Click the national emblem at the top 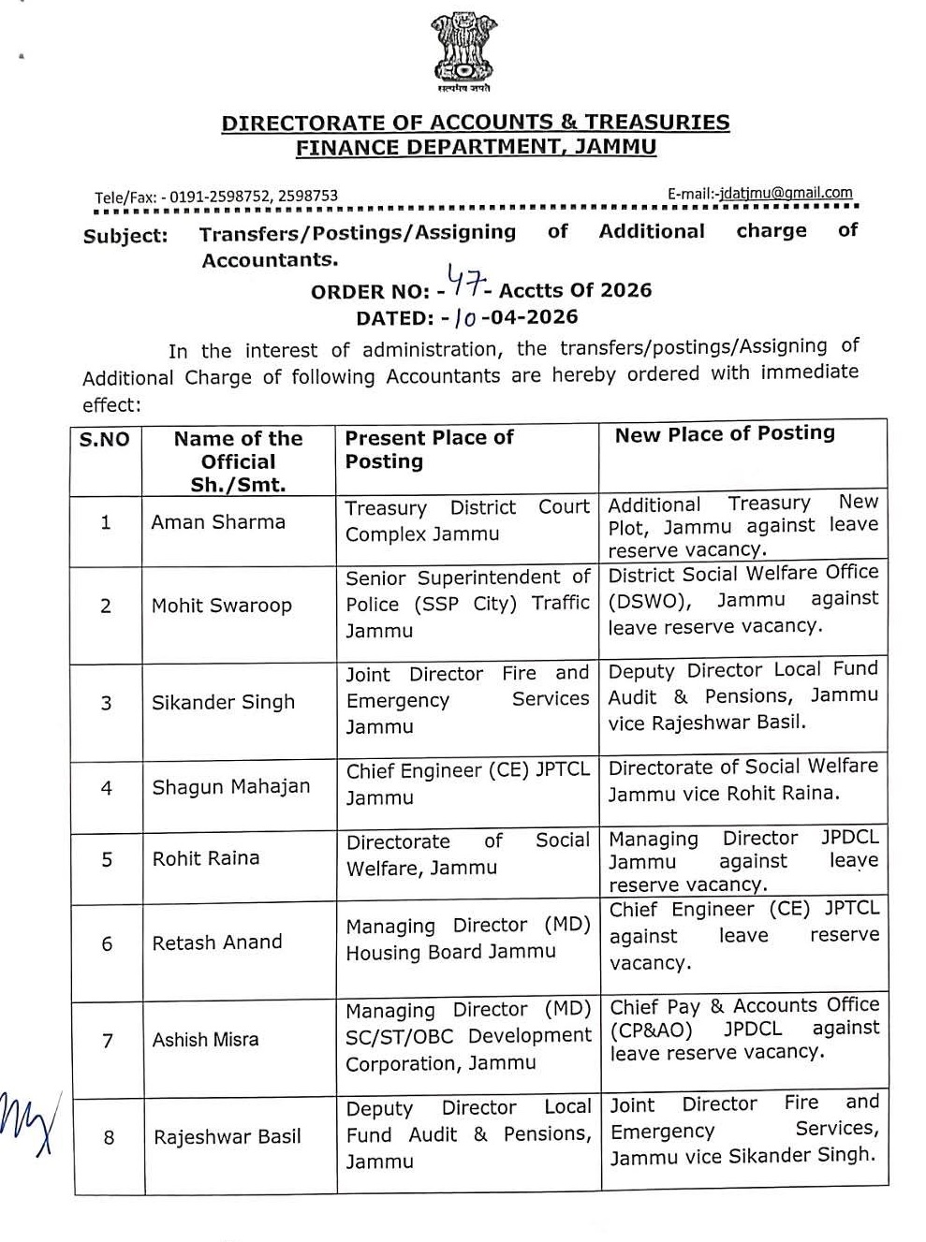pyautogui.click(x=462, y=51)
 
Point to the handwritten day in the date pyautogui.click(x=464, y=318)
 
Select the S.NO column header pyautogui.click(x=105, y=440)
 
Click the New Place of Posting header pyautogui.click(x=725, y=433)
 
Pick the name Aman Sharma pyautogui.click(x=218, y=522)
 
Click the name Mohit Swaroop pyautogui.click(x=222, y=606)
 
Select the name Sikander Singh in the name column pyautogui.click(x=223, y=702)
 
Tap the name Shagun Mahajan pyautogui.click(x=231, y=786)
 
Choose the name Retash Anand pyautogui.click(x=217, y=942)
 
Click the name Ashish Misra pyautogui.click(x=205, y=1039)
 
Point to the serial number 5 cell pyautogui.click(x=107, y=858)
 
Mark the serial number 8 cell pyautogui.click(x=109, y=1137)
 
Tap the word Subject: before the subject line pyautogui.click(x=125, y=236)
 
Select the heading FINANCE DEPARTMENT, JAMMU pyautogui.click(x=476, y=147)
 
